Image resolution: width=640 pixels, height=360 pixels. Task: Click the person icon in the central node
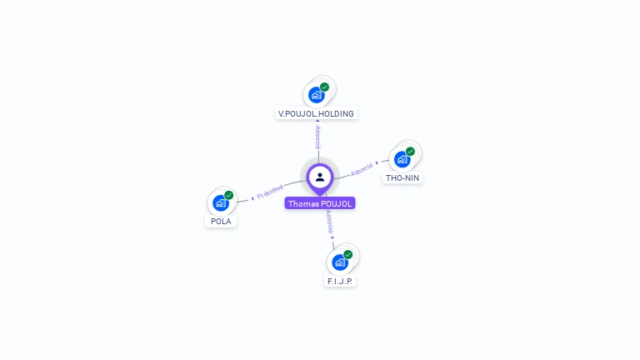point(320,177)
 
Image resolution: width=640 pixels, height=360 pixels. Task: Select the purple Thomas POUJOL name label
point(320,203)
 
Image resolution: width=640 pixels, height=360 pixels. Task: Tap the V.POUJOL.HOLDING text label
point(316,113)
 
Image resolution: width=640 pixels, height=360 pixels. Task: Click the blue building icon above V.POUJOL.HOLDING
point(316,94)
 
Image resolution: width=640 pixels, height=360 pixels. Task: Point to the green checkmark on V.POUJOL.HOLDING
point(324,87)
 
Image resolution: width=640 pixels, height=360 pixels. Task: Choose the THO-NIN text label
point(402,177)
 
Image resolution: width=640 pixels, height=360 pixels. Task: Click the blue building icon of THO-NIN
point(402,159)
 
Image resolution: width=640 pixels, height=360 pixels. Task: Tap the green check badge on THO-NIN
point(410,152)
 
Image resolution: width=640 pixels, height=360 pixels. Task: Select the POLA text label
point(221,222)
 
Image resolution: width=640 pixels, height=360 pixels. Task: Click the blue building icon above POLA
point(221,202)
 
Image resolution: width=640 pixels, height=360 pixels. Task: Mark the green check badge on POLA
point(228,195)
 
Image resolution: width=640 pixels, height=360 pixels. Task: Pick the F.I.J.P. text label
point(340,282)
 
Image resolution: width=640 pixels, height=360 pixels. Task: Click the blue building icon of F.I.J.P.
point(339,262)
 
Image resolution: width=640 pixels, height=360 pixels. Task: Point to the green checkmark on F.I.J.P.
point(347,254)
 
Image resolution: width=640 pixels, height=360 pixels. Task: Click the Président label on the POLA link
point(271,192)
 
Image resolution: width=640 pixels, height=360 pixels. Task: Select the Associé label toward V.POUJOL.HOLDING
point(317,137)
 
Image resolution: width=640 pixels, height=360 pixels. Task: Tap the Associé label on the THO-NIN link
point(362,169)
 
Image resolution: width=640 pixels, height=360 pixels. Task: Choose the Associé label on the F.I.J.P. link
point(330,221)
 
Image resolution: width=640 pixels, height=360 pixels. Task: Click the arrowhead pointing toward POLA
point(252,198)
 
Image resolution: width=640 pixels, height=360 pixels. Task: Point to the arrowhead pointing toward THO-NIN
point(377,163)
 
